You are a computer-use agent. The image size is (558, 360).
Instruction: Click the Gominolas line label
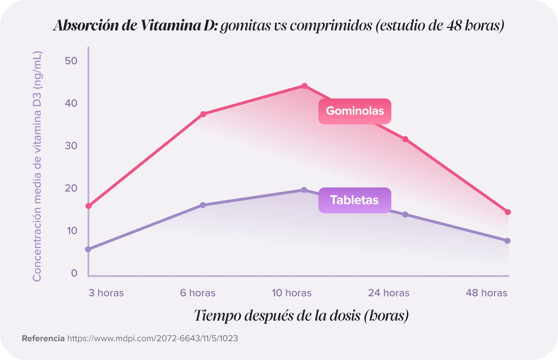(354, 111)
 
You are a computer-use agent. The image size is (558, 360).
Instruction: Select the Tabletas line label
(354, 200)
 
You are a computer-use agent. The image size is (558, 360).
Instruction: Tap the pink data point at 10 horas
(304, 86)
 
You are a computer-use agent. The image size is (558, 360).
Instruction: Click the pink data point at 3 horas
(88, 206)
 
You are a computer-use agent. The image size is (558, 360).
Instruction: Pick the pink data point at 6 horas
(203, 114)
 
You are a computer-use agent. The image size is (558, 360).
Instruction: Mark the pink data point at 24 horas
(405, 139)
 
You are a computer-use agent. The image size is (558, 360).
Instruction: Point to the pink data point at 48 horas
(508, 212)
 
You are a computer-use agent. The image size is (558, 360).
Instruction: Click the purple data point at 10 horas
(304, 190)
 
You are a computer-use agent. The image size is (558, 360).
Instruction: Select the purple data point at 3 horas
(88, 249)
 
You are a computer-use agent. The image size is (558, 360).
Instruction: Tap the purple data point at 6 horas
(203, 205)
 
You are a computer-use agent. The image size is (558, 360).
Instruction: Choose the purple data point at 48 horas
(507, 240)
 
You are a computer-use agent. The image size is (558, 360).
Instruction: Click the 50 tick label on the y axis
(71, 61)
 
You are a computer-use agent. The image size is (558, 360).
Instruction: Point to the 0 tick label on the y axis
(74, 273)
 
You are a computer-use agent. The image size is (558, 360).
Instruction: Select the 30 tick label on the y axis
(71, 146)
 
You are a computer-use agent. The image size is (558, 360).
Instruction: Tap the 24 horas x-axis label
(389, 293)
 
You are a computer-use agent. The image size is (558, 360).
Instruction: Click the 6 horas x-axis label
(198, 293)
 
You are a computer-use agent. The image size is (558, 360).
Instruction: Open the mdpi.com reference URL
(153, 339)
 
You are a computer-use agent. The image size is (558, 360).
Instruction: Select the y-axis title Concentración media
(37, 166)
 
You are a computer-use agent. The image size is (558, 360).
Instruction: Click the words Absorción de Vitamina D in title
(135, 26)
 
